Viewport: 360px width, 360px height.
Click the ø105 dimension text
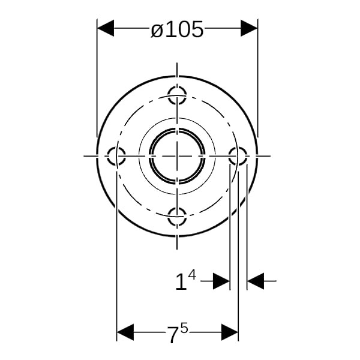177,29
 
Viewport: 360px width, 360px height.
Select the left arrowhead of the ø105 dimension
106,28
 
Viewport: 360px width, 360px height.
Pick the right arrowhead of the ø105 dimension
249,28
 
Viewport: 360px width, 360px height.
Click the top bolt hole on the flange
177,95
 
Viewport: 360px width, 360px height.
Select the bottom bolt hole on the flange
177,217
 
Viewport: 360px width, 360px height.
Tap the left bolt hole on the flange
116,156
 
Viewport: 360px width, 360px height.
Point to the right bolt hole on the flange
238,156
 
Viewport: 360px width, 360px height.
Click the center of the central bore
177,156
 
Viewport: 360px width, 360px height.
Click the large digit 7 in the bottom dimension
173,335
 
